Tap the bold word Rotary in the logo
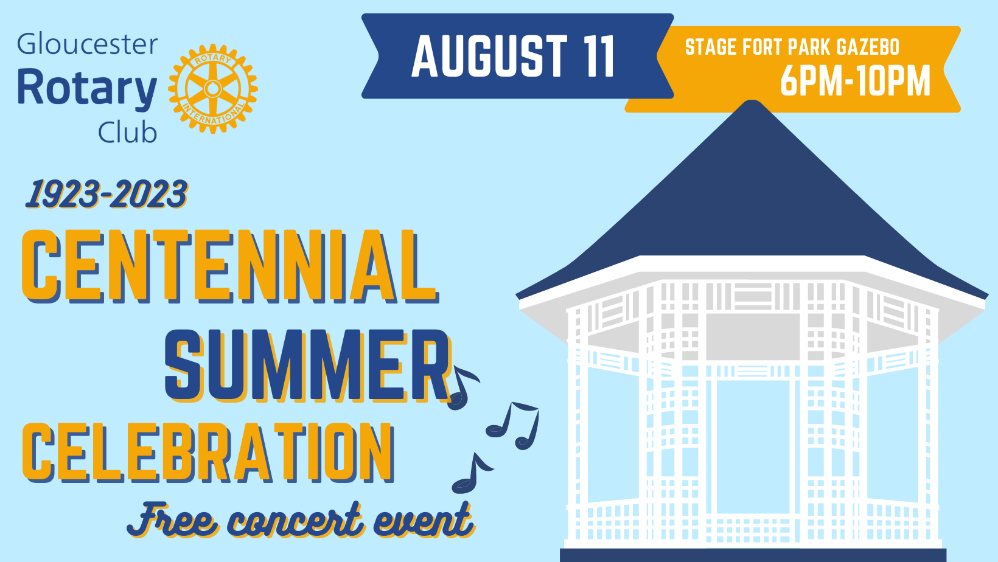[x=88, y=88]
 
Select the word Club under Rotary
[x=127, y=132]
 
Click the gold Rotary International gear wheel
[x=212, y=89]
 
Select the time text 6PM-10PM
[x=856, y=81]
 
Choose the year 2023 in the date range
[x=149, y=194]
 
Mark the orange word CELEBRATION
[x=208, y=453]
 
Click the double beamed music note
[x=513, y=425]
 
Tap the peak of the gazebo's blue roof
[x=752, y=101]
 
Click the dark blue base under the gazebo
[x=753, y=555]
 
